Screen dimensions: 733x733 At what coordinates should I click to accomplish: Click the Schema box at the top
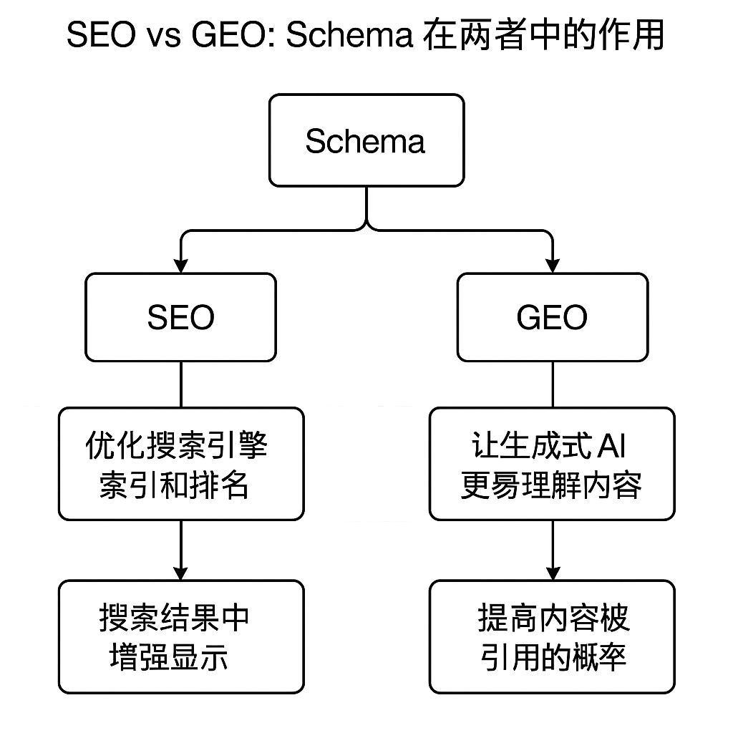pos(366,141)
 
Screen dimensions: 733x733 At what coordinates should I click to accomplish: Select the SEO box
pos(180,317)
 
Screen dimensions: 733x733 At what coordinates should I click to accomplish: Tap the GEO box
pos(552,317)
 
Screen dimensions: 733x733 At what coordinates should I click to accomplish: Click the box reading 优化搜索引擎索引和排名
pos(180,464)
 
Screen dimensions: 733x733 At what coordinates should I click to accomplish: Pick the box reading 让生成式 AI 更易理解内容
pos(552,464)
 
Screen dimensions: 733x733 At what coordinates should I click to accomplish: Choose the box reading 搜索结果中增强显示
pos(180,636)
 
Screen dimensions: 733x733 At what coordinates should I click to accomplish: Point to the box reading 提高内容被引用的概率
pos(552,636)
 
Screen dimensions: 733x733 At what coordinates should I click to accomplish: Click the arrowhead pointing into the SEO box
pos(180,266)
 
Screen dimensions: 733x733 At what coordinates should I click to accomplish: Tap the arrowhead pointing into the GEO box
pos(552,266)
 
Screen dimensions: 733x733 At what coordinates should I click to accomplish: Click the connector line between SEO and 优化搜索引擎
pos(180,384)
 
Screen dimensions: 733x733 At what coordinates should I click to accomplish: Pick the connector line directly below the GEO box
pos(552,384)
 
